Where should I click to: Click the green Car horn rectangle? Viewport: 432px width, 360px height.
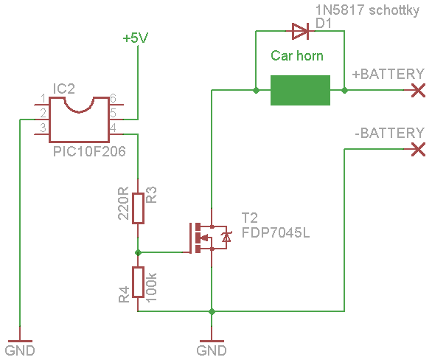(x=300, y=90)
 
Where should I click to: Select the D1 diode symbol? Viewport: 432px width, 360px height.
(x=300, y=31)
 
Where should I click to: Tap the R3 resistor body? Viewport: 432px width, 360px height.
(x=138, y=208)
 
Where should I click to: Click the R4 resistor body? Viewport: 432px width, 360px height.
(x=138, y=282)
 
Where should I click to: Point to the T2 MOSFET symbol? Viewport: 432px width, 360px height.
(x=208, y=238)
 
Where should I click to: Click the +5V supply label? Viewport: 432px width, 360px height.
(x=136, y=38)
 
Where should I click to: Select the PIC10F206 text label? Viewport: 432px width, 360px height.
(x=89, y=151)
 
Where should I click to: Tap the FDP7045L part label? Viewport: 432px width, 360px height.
(x=276, y=233)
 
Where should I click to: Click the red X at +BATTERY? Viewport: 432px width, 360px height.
(x=418, y=91)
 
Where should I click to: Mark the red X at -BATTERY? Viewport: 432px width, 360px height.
(x=418, y=150)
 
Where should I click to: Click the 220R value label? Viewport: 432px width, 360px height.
(x=123, y=203)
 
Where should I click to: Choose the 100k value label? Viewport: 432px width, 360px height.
(x=151, y=288)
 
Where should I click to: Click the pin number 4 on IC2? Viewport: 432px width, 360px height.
(x=113, y=128)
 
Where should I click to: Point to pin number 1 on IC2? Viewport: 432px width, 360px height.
(x=43, y=98)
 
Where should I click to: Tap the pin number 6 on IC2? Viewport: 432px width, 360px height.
(x=113, y=98)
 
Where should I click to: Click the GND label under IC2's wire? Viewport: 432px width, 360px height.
(x=20, y=350)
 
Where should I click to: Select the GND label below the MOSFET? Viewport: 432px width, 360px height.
(x=212, y=350)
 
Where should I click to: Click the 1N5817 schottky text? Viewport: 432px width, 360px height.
(x=367, y=10)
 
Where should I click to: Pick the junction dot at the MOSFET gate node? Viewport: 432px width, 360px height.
(x=138, y=252)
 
